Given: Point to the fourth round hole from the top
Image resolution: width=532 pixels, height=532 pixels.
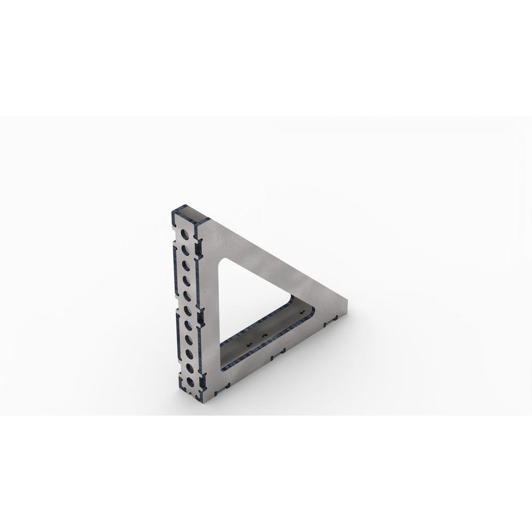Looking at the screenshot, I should coord(185,282).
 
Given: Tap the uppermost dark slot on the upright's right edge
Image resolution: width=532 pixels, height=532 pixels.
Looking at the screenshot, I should coord(196,243).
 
